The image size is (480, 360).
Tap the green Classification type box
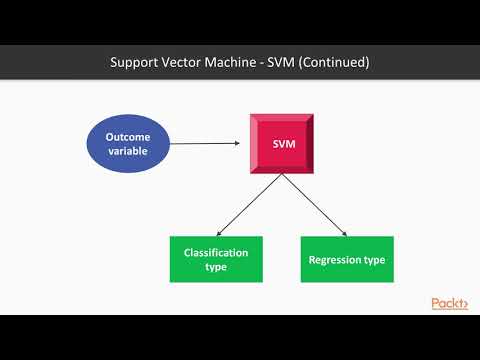point(216,259)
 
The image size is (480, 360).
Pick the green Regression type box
point(347,259)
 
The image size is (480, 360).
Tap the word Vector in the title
point(187,62)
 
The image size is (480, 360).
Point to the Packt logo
point(449,303)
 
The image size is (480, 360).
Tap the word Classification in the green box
point(216,252)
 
